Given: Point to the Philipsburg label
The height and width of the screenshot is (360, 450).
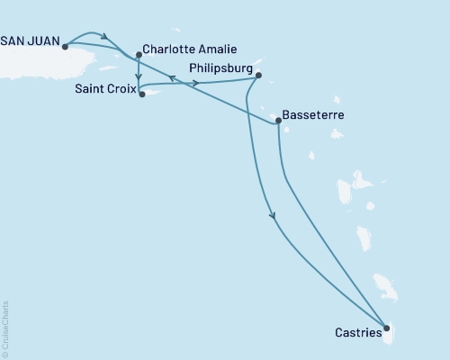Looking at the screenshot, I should (x=220, y=67).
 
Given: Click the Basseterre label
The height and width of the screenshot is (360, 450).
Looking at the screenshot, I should (x=312, y=116).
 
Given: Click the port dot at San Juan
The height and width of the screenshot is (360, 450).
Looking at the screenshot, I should (x=66, y=47).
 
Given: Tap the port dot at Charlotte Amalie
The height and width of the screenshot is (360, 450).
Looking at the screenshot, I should (x=138, y=55).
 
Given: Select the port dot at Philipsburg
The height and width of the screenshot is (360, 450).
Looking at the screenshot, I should (x=258, y=75).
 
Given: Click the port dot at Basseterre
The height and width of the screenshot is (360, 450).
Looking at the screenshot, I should (x=278, y=120).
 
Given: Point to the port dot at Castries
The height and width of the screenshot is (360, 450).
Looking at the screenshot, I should (x=387, y=328).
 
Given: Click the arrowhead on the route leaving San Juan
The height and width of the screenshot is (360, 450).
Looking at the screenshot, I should (x=106, y=39).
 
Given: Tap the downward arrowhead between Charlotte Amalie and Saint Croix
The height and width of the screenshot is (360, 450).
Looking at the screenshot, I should (x=138, y=75).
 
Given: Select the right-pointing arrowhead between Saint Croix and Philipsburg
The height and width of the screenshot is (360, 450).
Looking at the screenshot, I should (x=196, y=84).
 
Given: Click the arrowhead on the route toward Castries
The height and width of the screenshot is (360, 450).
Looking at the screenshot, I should (x=272, y=215).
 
